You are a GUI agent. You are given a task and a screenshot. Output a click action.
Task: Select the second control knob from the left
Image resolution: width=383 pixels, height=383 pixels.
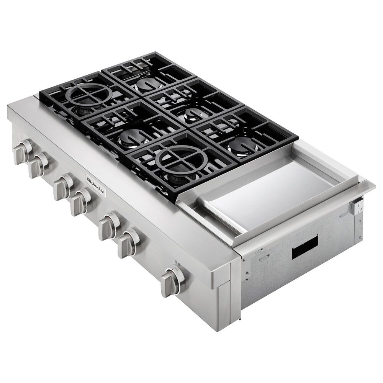point(40,165)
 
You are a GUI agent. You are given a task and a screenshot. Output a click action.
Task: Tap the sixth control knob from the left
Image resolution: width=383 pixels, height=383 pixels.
point(129,241)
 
